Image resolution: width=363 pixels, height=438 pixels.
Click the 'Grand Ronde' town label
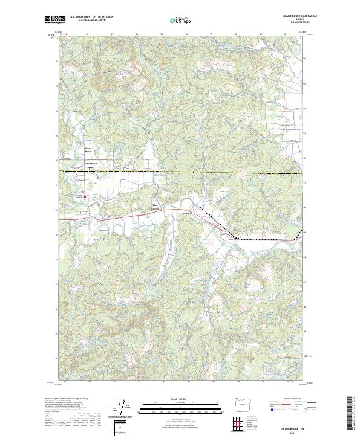click(88, 150)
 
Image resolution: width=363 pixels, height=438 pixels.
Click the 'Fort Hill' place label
click(187, 213)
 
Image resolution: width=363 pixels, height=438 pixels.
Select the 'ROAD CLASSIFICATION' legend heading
click(286, 399)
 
